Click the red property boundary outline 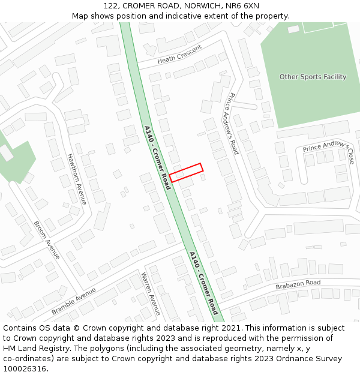pyautogui.click(x=186, y=172)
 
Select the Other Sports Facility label pyautogui.click(x=313, y=77)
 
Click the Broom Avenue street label pyautogui.click(x=47, y=240)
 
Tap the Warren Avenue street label pyautogui.click(x=151, y=293)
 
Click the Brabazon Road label pyautogui.click(x=298, y=284)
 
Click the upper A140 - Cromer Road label pyautogui.click(x=158, y=157)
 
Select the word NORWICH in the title pyautogui.click(x=200, y=6)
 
